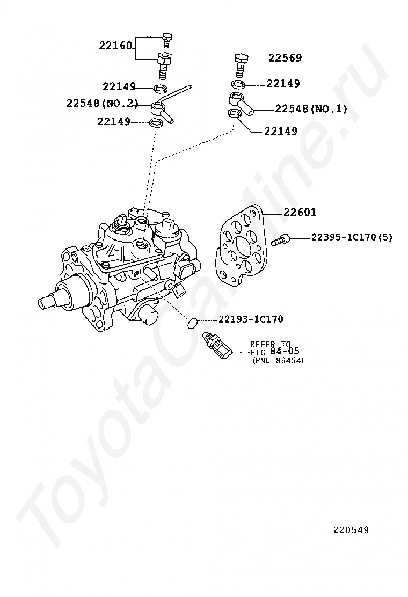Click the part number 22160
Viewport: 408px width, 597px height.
click(x=115, y=46)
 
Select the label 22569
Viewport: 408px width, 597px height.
click(x=285, y=58)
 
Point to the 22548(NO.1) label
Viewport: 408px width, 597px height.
click(x=311, y=109)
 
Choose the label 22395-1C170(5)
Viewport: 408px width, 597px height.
click(x=351, y=237)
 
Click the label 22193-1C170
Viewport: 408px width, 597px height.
click(x=250, y=319)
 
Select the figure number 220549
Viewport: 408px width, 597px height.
click(x=351, y=530)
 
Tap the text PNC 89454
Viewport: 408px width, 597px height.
click(x=278, y=361)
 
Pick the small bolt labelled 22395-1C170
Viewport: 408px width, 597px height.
click(x=280, y=240)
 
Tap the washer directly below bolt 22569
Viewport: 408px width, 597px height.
click(x=237, y=84)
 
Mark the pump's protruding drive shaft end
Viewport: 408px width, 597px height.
click(x=47, y=301)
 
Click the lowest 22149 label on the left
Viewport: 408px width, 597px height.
click(x=114, y=122)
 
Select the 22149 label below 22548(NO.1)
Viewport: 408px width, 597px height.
click(x=280, y=131)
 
